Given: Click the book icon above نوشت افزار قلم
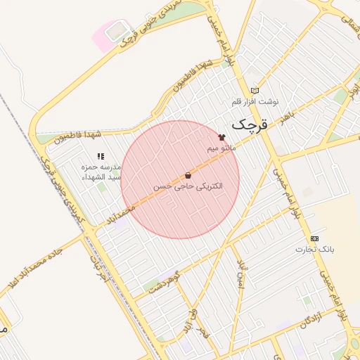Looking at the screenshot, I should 255,90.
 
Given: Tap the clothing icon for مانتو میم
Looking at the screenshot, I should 222,137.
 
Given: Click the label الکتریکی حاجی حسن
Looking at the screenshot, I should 188,186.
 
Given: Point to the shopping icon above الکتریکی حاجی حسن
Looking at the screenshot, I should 188,175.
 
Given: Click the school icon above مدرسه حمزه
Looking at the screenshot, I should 101,156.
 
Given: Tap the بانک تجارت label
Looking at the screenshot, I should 314,250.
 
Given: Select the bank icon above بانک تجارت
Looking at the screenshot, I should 314,238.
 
